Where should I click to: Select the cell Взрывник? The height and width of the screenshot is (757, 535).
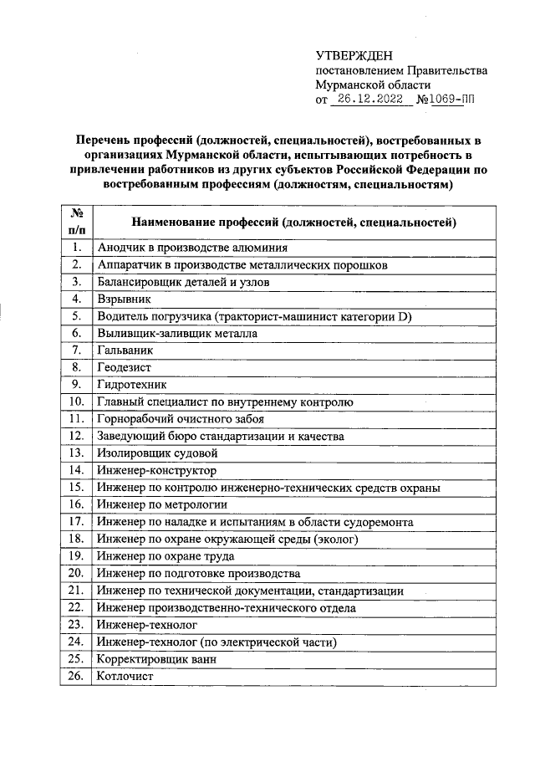[x=124, y=298]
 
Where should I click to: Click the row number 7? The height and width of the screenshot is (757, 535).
[x=76, y=350]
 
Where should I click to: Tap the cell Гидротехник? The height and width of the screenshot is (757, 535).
[x=131, y=385]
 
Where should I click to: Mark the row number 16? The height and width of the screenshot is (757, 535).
[x=76, y=504]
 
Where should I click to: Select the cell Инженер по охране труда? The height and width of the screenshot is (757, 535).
[x=165, y=555]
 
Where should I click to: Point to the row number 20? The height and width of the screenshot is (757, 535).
[x=76, y=573]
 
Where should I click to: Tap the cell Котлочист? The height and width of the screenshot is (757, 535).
[x=125, y=677]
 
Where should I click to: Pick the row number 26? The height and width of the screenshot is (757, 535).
[x=76, y=677]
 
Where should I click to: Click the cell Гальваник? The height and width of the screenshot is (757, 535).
[x=125, y=350]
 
